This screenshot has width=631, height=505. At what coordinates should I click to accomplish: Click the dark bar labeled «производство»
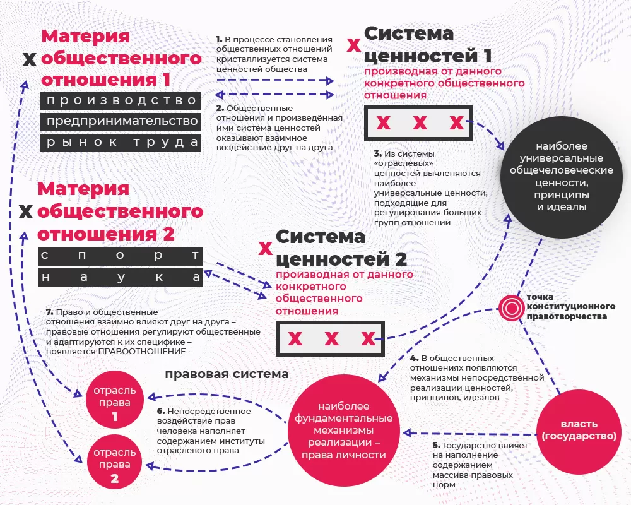pos(121,100)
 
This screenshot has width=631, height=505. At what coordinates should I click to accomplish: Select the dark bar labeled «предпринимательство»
pos(121,121)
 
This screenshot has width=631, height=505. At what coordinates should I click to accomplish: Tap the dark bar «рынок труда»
pos(121,142)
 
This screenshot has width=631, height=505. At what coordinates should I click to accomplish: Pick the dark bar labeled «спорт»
pos(121,256)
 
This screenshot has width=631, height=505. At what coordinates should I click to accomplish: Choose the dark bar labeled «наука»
pos(121,277)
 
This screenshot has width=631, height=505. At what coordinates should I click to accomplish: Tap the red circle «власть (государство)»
pos(579,429)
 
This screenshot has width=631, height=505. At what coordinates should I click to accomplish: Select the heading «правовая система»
pos(227,374)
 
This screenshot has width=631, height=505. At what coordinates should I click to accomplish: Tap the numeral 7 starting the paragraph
pos(49,312)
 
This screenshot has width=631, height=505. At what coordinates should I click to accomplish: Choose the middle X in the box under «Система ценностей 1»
pos(420,123)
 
